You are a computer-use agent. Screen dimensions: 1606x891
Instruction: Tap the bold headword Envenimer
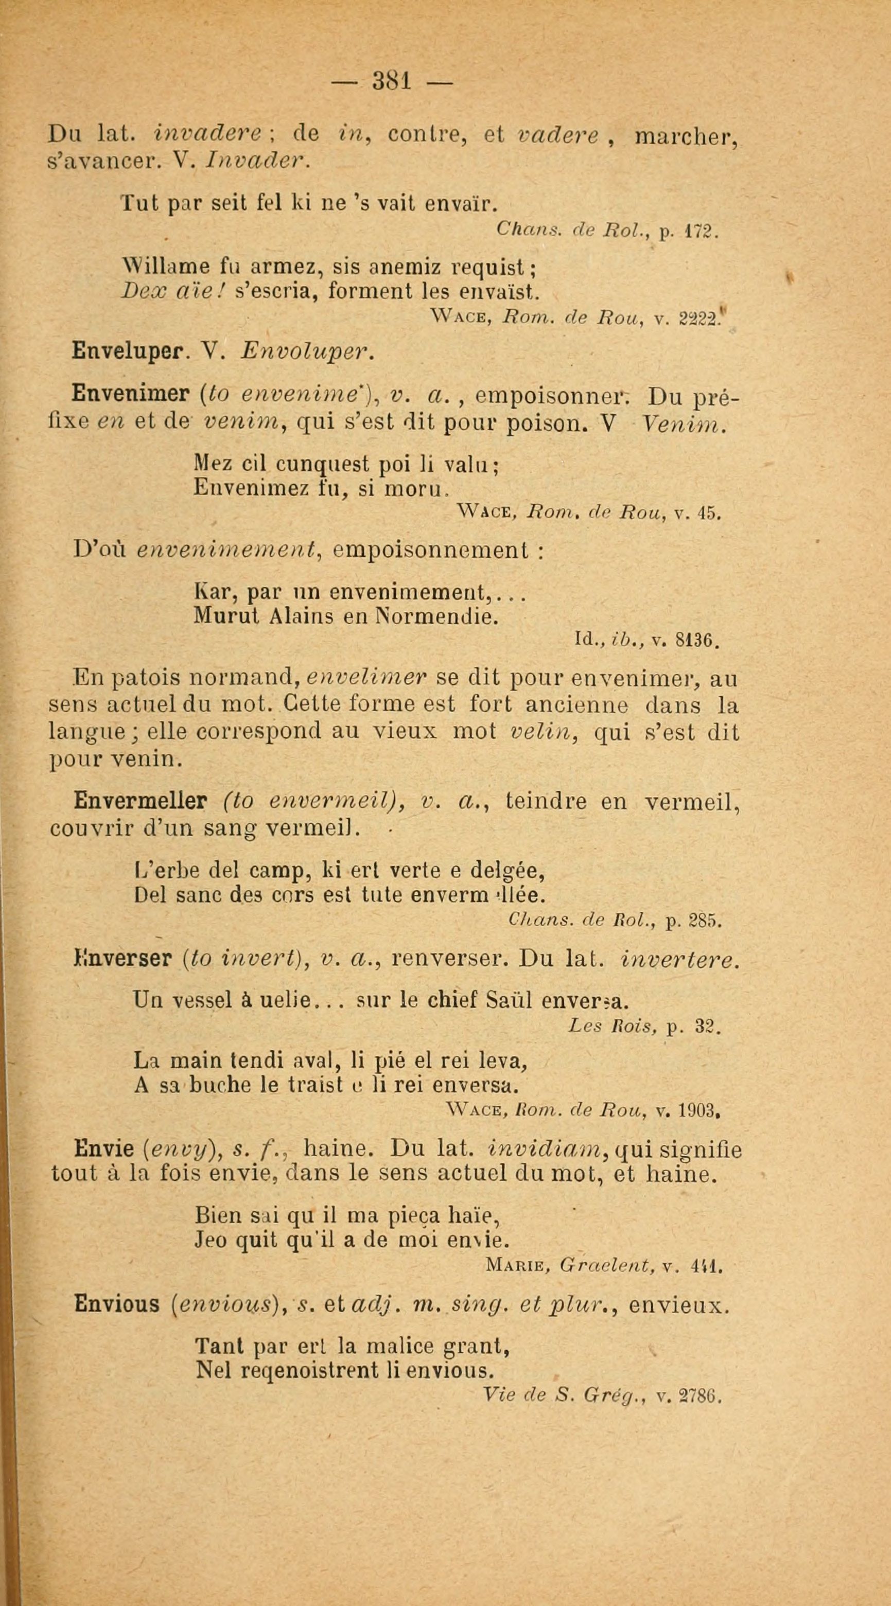pyautogui.click(x=130, y=395)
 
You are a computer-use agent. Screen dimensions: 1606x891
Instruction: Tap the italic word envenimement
pyautogui.click(x=228, y=551)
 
